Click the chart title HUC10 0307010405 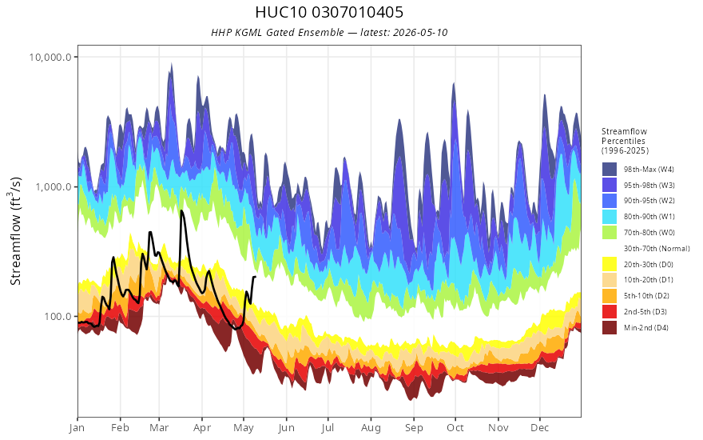(329, 12)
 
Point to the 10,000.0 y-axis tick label (50, 57)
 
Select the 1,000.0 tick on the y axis (54, 186)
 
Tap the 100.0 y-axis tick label (58, 317)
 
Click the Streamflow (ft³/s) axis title (16, 231)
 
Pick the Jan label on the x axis (77, 428)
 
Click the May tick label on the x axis (244, 428)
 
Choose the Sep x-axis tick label (414, 428)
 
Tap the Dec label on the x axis (540, 428)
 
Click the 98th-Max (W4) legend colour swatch (610, 170)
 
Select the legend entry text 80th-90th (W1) (649, 217)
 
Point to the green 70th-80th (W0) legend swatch (610, 232)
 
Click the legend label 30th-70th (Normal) (657, 248)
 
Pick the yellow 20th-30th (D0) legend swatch (610, 264)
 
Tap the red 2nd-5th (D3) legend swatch (610, 311)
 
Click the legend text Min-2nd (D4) (646, 328)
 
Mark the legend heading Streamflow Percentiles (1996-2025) (625, 141)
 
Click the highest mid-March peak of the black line (181, 210)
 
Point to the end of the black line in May (255, 277)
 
